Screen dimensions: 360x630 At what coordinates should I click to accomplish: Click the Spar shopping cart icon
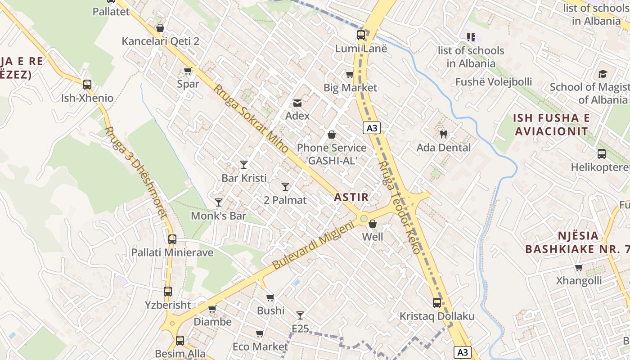tap(188, 71)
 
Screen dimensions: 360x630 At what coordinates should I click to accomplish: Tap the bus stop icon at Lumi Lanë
tap(361, 35)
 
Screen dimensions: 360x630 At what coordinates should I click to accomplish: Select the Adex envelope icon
tap(297, 103)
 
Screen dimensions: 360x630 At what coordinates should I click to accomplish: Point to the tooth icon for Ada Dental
tap(443, 134)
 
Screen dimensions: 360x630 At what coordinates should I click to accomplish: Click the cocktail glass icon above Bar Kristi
tap(244, 164)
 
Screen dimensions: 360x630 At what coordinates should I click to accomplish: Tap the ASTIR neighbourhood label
tap(351, 197)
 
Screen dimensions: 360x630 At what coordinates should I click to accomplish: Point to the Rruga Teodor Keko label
tap(399, 208)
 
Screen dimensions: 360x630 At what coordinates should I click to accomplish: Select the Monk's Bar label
tap(219, 216)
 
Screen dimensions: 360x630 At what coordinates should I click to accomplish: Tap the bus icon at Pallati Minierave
tap(172, 239)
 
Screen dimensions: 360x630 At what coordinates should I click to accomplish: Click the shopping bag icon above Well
tap(373, 223)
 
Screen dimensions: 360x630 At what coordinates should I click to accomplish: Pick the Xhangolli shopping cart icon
tap(579, 268)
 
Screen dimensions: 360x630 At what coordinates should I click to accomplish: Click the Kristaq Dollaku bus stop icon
tap(437, 303)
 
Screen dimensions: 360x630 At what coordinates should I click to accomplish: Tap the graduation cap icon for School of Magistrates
tap(603, 74)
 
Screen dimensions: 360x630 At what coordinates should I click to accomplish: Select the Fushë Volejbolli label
tap(494, 82)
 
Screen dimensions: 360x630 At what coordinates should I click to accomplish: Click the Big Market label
tap(351, 88)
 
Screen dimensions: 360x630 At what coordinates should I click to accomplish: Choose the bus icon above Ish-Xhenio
tap(87, 84)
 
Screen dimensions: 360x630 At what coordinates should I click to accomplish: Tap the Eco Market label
tap(260, 346)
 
